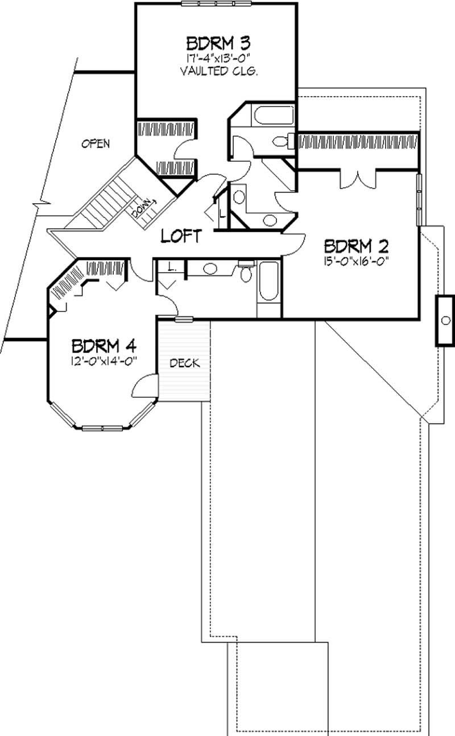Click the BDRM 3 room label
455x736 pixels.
[x=211, y=43]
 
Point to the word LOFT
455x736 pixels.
[x=180, y=236]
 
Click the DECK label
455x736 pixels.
[x=185, y=363]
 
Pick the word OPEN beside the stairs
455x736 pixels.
[x=95, y=143]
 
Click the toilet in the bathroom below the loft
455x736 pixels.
[x=246, y=274]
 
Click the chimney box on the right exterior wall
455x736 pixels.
[x=445, y=320]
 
